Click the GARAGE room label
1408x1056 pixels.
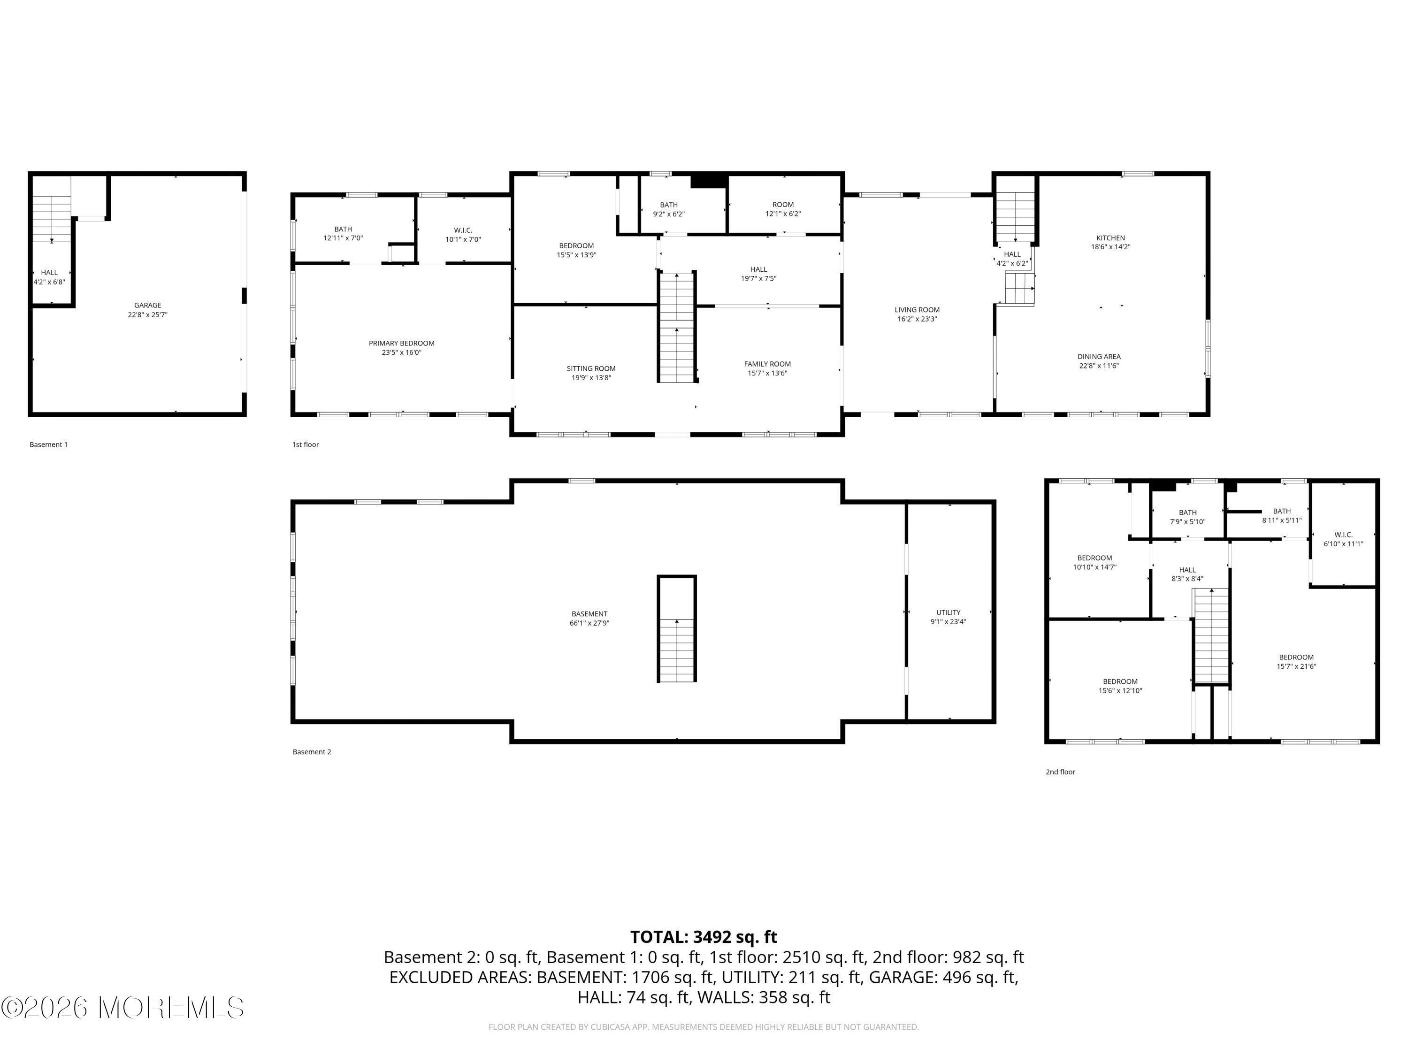point(148,306)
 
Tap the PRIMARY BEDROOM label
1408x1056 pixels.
point(402,344)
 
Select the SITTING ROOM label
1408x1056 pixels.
point(591,368)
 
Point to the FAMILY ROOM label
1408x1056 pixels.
point(768,364)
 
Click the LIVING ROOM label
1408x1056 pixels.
point(917,310)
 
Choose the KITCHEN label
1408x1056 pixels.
point(1111,238)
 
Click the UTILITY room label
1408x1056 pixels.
point(949,613)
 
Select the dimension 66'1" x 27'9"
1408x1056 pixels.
point(589,624)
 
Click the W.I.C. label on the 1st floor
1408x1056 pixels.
point(463,230)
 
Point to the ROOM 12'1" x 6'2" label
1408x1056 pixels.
point(783,209)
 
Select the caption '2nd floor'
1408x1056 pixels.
point(1060,772)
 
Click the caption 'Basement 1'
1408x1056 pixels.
point(48,445)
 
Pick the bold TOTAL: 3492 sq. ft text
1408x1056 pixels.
point(704,937)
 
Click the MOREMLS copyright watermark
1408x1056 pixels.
point(122,1008)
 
